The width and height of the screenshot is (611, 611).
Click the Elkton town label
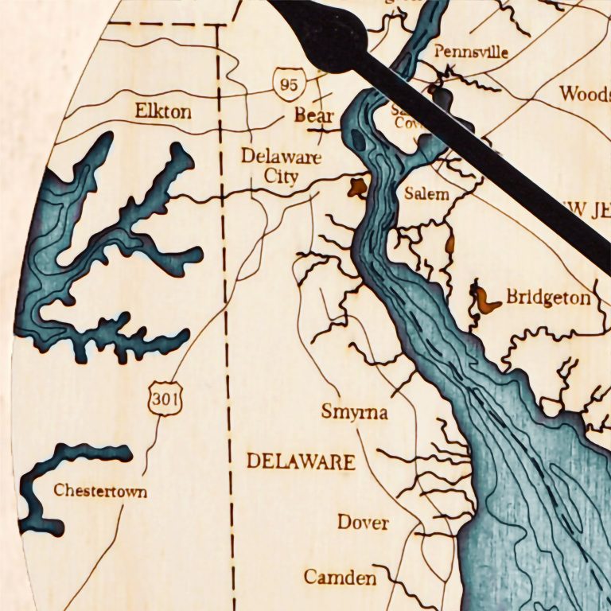click(x=163, y=111)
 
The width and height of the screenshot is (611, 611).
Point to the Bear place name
click(x=313, y=115)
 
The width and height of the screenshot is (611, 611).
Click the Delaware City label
click(x=281, y=165)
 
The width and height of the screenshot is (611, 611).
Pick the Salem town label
click(x=426, y=193)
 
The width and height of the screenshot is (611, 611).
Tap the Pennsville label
click(x=471, y=52)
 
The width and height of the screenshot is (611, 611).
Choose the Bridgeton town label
click(x=548, y=298)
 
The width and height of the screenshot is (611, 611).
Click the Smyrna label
click(x=354, y=412)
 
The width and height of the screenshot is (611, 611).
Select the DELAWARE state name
click(x=300, y=461)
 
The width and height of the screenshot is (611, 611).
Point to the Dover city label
click(x=363, y=523)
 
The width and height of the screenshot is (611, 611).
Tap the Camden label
click(x=340, y=577)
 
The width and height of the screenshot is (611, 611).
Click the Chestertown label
click(x=100, y=491)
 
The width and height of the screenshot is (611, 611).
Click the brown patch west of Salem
click(x=357, y=188)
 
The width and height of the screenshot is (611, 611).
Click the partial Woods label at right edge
click(x=584, y=93)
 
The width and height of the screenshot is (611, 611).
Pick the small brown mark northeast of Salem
click(x=449, y=243)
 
